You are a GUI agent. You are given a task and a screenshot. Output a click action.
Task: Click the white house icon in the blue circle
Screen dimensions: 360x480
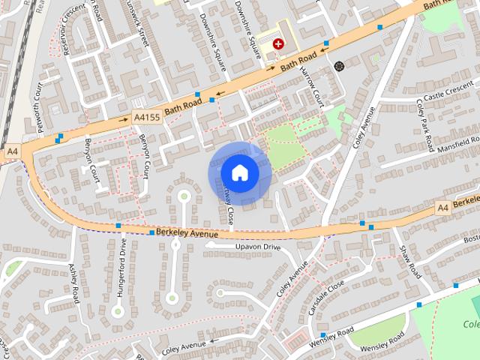239,172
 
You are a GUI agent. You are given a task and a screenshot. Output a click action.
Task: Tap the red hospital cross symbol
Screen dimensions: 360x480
279,45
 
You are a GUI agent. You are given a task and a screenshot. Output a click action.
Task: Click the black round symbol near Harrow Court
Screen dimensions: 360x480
339,65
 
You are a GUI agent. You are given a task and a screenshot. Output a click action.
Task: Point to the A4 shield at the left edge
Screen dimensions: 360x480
11,151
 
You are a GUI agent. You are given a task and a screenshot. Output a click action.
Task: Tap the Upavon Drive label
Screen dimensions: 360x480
257,247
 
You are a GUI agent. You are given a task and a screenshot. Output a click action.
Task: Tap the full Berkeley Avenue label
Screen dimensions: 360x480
187,234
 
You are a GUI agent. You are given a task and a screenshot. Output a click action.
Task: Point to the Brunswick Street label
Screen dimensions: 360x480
136,22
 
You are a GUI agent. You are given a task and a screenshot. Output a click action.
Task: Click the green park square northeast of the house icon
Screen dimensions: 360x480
283,146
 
